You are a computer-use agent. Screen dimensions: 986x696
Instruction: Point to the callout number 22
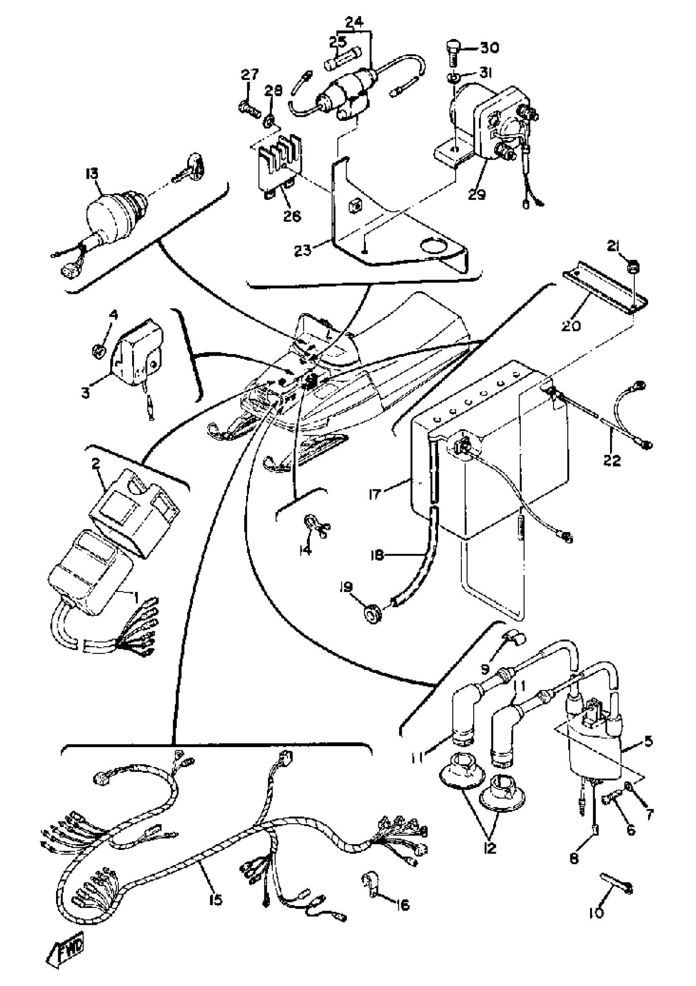(611, 461)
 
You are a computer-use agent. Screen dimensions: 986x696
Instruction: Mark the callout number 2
(95, 464)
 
